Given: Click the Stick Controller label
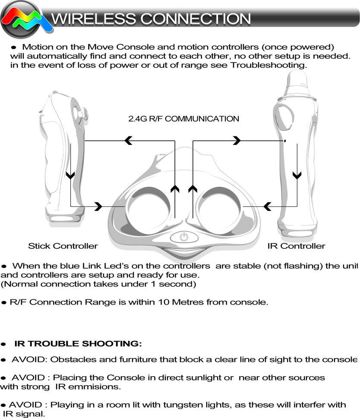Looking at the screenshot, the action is [x=63, y=246].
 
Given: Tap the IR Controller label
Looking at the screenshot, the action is [x=296, y=246].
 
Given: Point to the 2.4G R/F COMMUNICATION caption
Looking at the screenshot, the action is [x=183, y=119].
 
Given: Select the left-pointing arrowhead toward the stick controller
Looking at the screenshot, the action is [x=128, y=141].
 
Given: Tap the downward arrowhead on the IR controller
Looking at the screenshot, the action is [x=297, y=176].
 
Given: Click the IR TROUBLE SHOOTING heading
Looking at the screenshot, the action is [x=78, y=344].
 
